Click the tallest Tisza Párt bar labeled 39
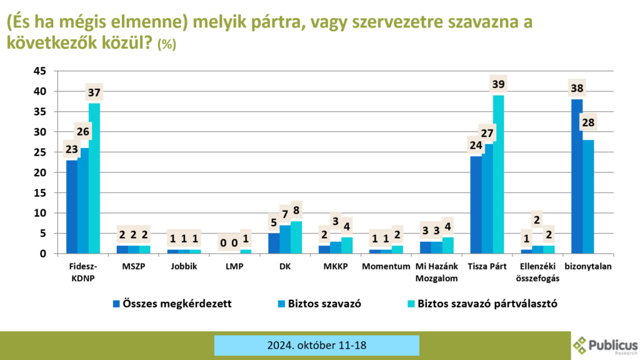498,174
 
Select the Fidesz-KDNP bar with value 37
94,178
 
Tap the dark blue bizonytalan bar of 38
576,176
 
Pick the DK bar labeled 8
296,237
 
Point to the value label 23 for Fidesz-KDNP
72,150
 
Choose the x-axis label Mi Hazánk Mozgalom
436,272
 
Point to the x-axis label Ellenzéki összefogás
537,272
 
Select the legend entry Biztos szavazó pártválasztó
487,304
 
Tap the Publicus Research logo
605,344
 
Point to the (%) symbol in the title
167,45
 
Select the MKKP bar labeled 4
346,246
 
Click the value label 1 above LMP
245,238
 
